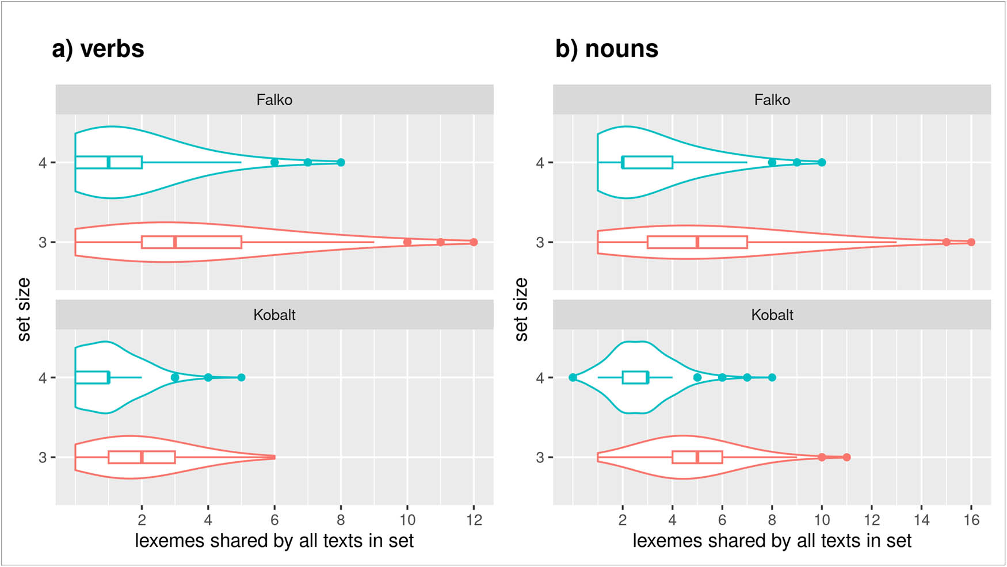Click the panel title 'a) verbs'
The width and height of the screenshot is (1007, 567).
click(98, 49)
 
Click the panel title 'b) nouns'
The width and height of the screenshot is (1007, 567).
click(607, 49)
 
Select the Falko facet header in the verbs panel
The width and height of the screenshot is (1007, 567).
click(274, 100)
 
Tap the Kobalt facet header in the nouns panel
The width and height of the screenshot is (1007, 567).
click(772, 315)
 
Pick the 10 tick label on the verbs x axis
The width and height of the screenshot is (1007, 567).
click(407, 520)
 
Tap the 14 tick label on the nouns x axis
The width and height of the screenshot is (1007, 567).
click(921, 520)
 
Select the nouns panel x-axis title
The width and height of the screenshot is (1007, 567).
click(772, 541)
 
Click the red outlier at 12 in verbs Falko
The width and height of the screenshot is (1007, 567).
click(474, 242)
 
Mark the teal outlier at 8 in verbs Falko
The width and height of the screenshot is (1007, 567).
click(341, 162)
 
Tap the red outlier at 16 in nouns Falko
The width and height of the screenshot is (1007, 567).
click(971, 242)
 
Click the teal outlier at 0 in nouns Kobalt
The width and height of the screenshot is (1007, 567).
click(573, 377)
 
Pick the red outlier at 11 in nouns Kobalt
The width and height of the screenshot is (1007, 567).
click(846, 457)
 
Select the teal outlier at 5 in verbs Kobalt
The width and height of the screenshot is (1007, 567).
click(241, 377)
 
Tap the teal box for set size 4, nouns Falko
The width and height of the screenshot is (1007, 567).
click(647, 162)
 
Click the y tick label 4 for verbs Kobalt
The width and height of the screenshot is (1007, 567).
click(43, 378)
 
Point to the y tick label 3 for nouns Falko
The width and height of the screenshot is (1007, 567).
click(540, 243)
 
